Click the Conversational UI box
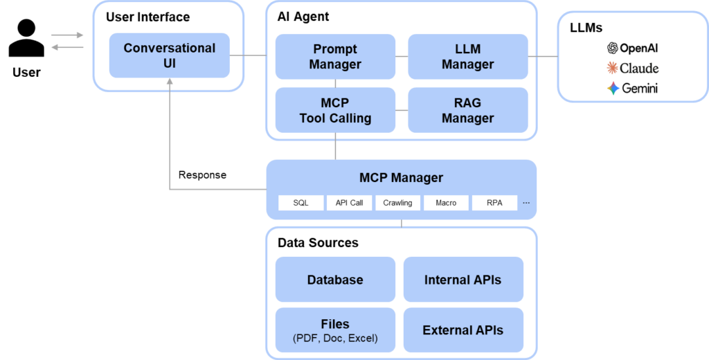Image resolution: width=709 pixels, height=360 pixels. click(170, 55)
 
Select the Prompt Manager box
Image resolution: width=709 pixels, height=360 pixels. click(335, 57)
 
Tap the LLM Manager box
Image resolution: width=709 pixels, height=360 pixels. click(467, 57)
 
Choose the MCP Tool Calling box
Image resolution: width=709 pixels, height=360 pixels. click(335, 110)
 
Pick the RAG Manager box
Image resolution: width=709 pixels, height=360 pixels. click(467, 110)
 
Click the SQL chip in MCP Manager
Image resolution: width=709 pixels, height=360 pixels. click(300, 203)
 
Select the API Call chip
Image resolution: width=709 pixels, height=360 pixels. click(349, 203)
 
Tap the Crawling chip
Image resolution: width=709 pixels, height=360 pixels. click(397, 203)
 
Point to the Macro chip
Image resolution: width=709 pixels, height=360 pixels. click(446, 203)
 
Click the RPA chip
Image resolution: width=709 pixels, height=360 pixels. click(494, 203)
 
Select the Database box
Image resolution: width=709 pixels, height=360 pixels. click(335, 280)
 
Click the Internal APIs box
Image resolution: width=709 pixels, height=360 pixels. click(463, 280)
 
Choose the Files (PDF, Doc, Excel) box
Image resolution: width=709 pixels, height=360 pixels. click(335, 330)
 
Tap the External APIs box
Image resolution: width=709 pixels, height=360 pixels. click(463, 330)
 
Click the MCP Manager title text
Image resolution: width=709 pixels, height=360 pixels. click(401, 178)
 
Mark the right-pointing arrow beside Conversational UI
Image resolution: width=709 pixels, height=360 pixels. click(68, 35)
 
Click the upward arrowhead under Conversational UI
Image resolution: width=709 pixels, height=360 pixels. click(170, 82)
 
